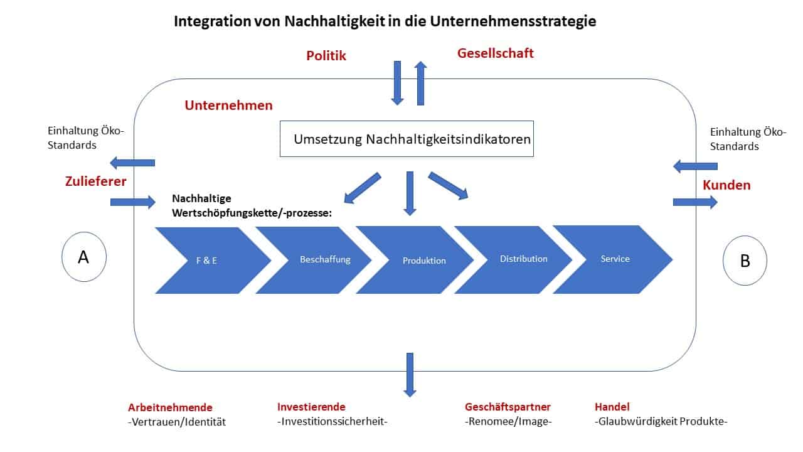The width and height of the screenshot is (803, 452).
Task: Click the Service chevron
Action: (x=612, y=259)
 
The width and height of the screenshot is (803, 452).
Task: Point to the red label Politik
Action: (x=326, y=56)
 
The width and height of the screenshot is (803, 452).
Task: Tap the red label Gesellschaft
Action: (x=496, y=53)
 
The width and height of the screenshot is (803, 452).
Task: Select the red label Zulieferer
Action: (x=96, y=181)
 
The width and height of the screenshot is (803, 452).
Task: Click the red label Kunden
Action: (x=726, y=185)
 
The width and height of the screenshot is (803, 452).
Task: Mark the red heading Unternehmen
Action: (x=229, y=105)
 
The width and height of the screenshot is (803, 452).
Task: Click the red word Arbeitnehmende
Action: (x=170, y=407)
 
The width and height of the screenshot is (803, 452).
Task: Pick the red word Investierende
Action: (x=311, y=407)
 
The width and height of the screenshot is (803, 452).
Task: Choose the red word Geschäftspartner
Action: (x=508, y=407)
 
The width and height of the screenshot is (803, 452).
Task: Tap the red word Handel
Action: (x=612, y=407)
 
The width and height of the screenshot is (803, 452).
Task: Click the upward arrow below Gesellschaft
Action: (x=420, y=83)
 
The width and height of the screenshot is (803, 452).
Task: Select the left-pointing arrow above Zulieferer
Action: (x=132, y=163)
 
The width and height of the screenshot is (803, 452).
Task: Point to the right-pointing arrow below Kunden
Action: (x=695, y=202)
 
